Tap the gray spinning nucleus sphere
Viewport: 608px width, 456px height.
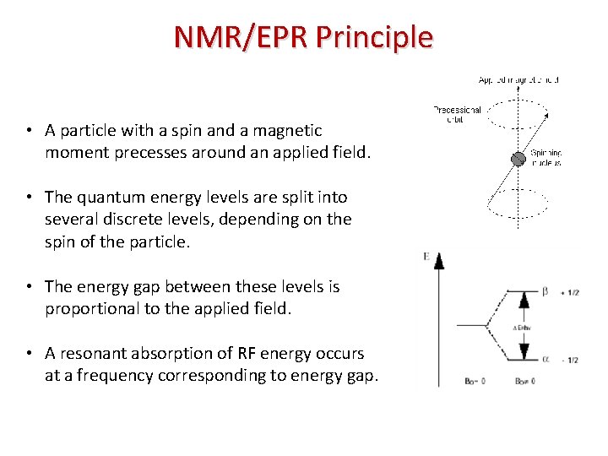(x=517, y=158)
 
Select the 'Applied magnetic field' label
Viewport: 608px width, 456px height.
(x=518, y=80)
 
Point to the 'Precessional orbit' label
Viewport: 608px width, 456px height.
(x=457, y=114)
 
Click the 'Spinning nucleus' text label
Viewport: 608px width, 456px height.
(x=546, y=158)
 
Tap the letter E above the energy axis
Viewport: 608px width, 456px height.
(x=427, y=257)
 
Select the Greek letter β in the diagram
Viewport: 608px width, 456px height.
(x=546, y=292)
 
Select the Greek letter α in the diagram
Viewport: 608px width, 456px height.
(x=546, y=359)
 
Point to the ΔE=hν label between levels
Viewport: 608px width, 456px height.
(x=523, y=327)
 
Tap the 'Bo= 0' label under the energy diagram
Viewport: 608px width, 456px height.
(x=452, y=382)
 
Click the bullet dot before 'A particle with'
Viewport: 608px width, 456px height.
(x=28, y=131)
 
